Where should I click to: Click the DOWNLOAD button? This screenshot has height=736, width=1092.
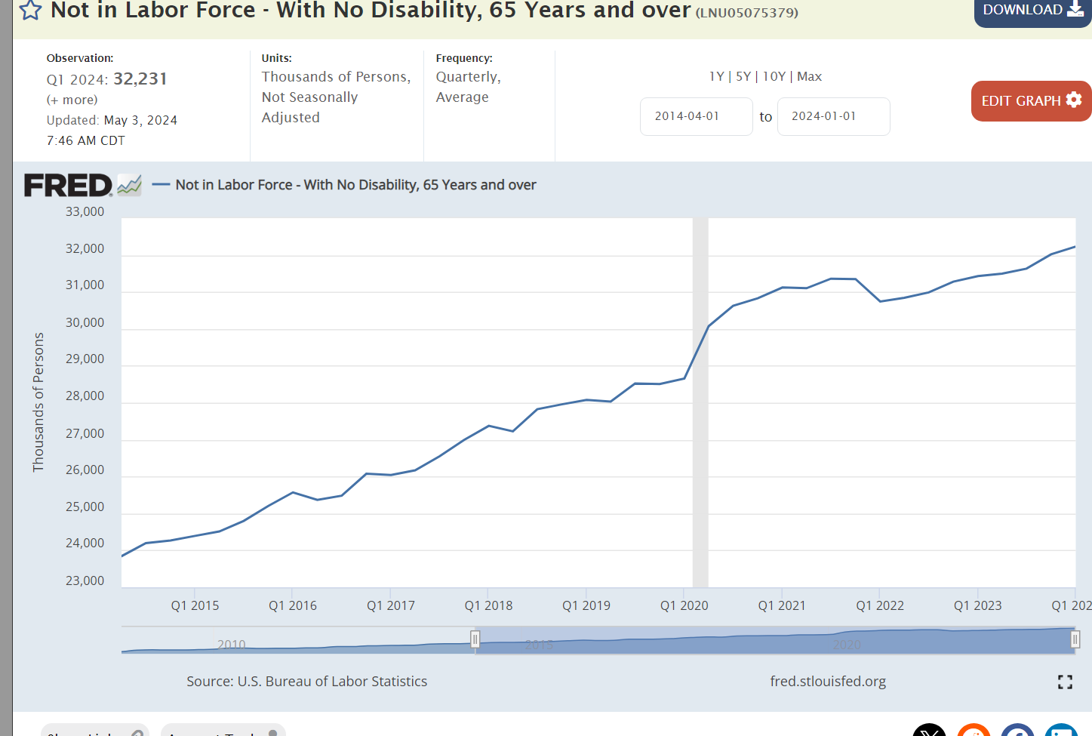pos(1032,11)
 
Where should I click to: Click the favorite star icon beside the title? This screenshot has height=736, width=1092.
pos(31,11)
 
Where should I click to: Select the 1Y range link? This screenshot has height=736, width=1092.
pos(716,76)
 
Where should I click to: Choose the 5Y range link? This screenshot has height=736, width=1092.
pos(743,76)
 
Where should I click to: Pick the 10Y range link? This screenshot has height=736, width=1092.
pos(774,76)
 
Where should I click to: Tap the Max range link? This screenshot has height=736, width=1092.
pos(809,76)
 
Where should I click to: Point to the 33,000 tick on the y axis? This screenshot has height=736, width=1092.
pos(85,211)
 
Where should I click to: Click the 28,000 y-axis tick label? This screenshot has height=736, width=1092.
pos(85,396)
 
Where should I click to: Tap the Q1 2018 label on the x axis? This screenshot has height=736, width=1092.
pos(488,605)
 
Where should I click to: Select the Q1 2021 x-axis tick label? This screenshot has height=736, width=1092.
pos(782,605)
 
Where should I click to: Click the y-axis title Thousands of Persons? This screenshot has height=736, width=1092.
pos(38,402)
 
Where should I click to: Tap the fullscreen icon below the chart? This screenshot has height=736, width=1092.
pos(1065,682)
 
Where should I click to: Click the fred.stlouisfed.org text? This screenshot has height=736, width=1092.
pos(828,681)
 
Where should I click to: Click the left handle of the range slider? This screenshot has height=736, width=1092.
pos(475,640)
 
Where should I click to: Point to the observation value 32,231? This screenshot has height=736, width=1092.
pos(140,79)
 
